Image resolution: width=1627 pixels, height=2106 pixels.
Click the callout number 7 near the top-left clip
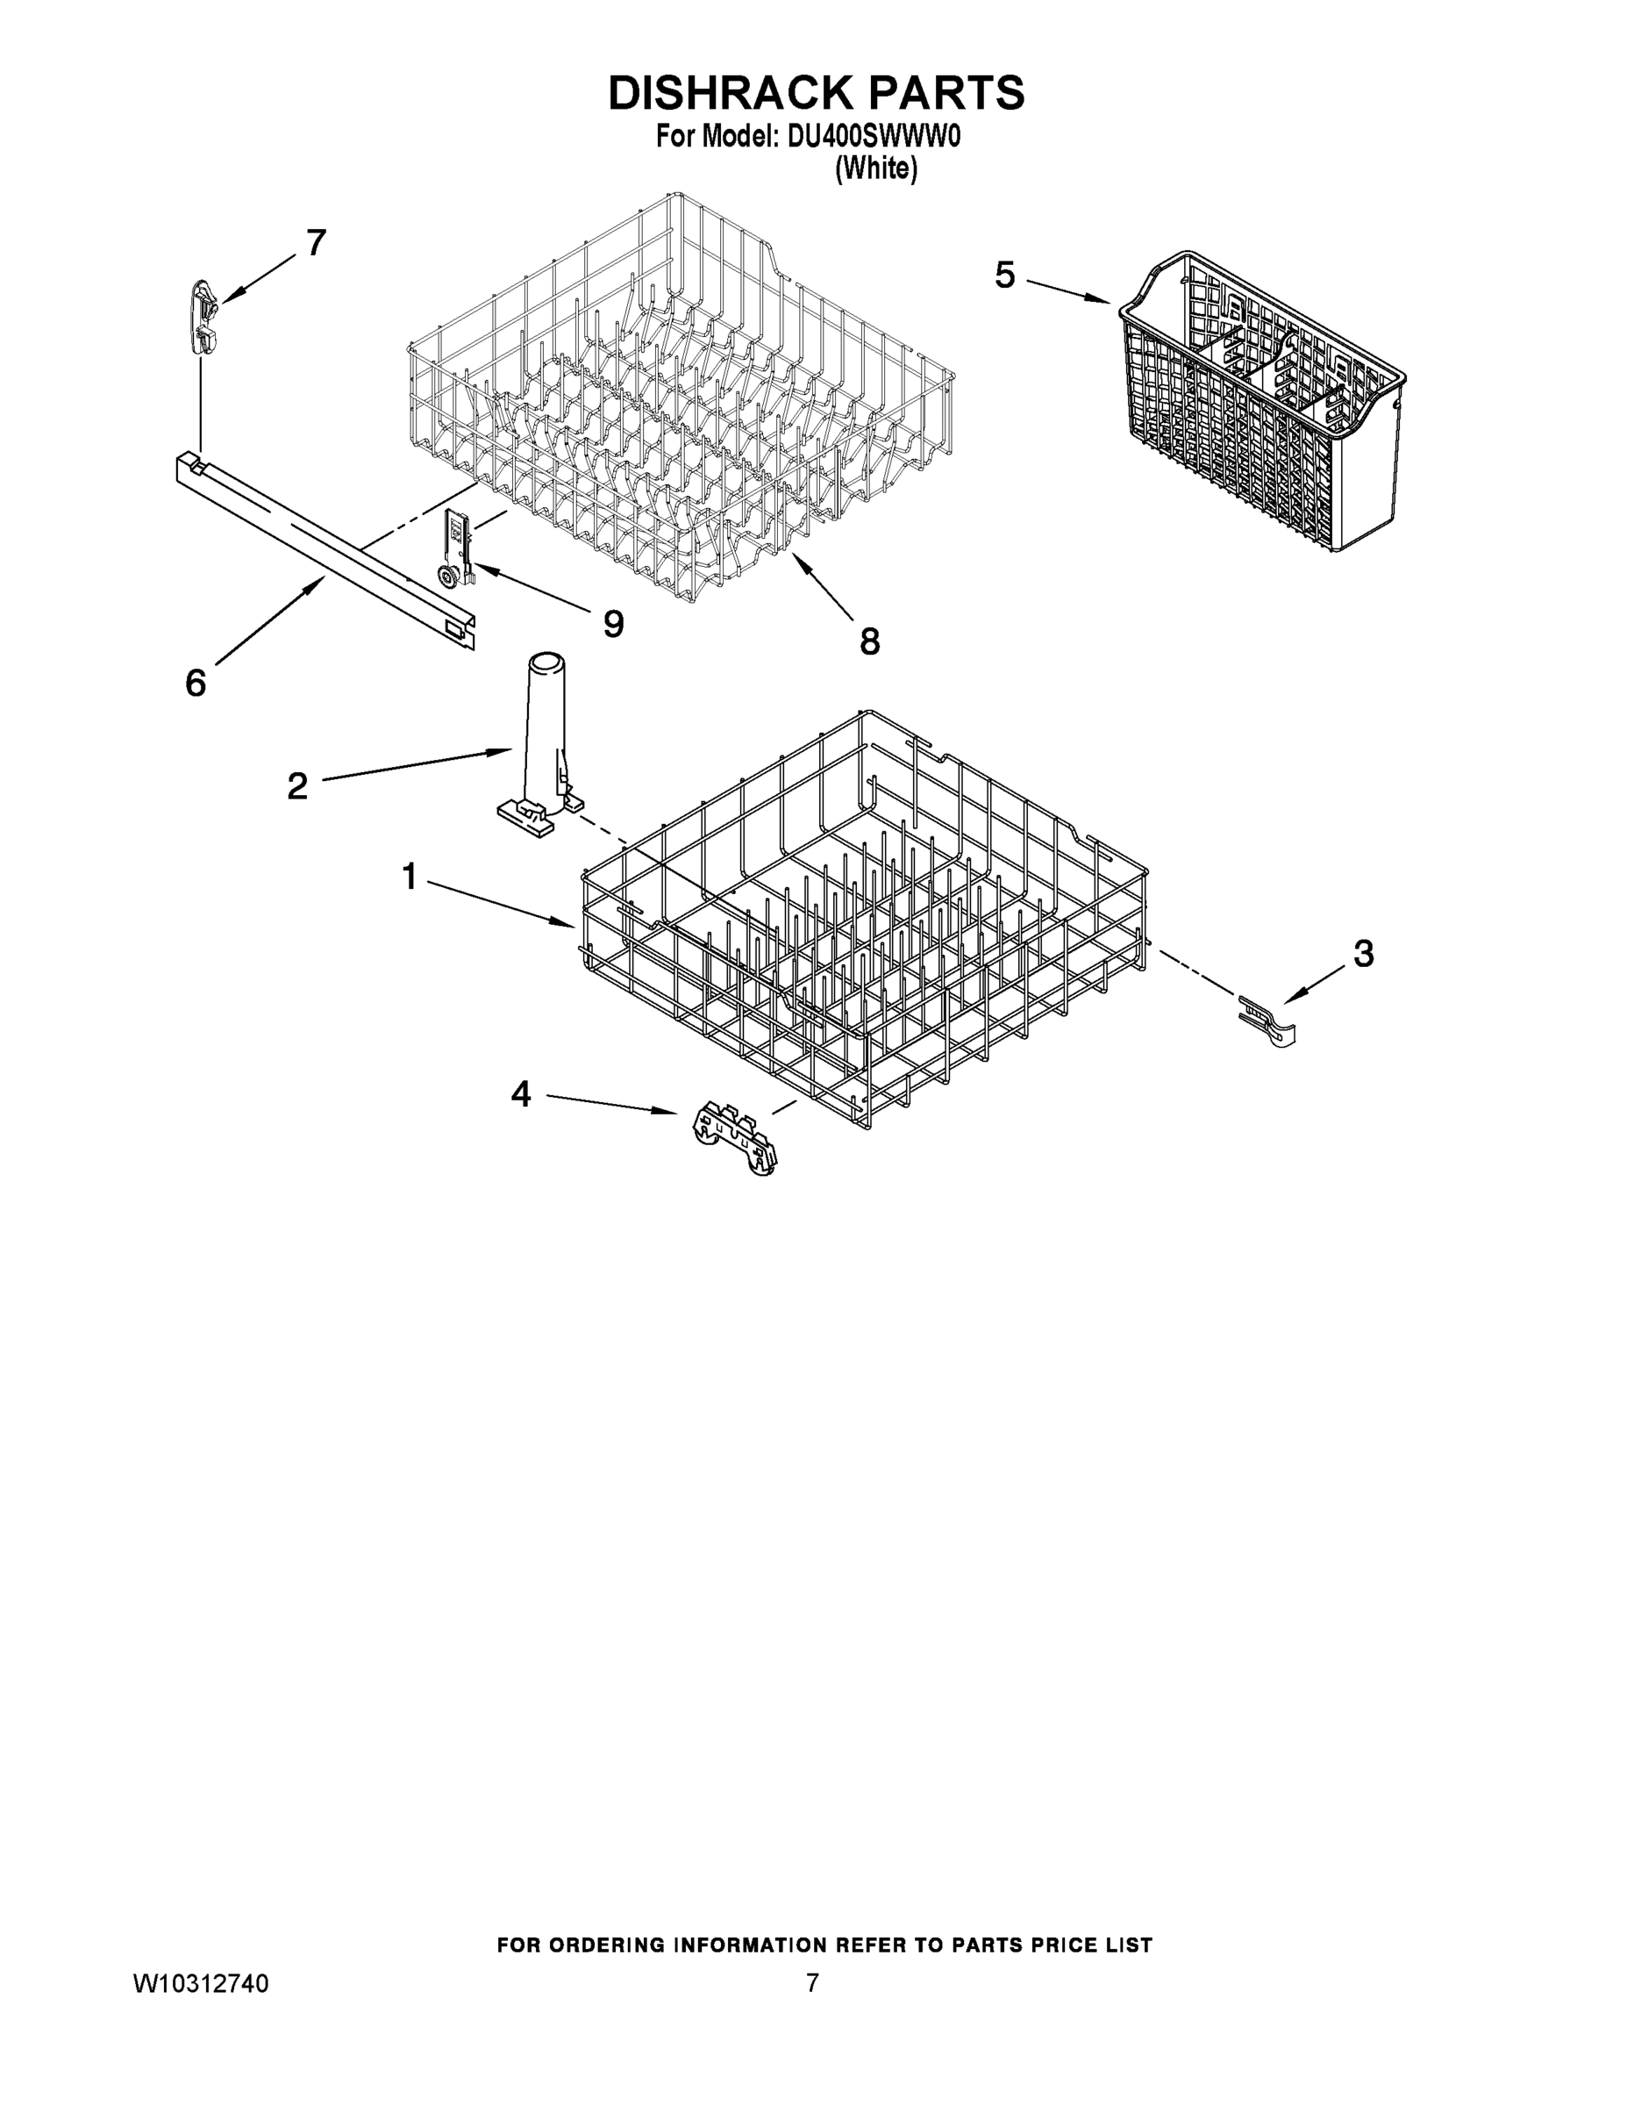click(316, 243)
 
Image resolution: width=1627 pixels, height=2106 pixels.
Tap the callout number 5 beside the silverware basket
click(1004, 276)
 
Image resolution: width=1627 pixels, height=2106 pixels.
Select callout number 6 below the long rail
click(196, 683)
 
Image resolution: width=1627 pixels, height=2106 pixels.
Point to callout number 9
click(613, 624)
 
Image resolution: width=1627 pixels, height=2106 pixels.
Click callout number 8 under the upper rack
click(869, 641)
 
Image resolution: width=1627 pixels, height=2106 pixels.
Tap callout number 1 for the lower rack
click(410, 877)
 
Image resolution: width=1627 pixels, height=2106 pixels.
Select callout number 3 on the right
click(1363, 954)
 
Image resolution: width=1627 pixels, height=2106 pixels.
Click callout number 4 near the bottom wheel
click(520, 1093)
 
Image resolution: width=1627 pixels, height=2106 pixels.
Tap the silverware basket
click(1263, 405)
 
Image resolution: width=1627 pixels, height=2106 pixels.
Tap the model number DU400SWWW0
click(874, 138)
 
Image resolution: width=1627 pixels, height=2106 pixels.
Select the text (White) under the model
click(875, 168)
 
